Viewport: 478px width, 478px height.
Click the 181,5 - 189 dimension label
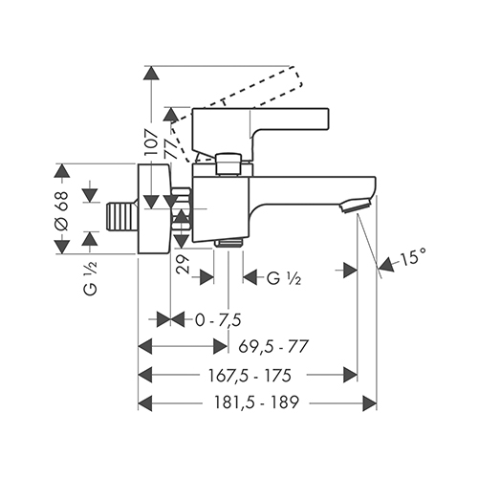(x=256, y=402)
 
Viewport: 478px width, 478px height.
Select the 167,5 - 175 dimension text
(x=250, y=376)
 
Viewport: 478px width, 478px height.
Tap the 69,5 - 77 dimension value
(x=273, y=346)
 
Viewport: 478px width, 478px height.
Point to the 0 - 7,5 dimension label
(x=218, y=320)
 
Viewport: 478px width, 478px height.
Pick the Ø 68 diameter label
(x=61, y=210)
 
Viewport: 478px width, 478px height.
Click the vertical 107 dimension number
(x=151, y=142)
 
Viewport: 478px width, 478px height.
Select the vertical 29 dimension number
(x=183, y=264)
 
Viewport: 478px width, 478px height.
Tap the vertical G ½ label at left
(x=91, y=277)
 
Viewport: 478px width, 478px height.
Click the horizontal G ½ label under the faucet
(x=283, y=278)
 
